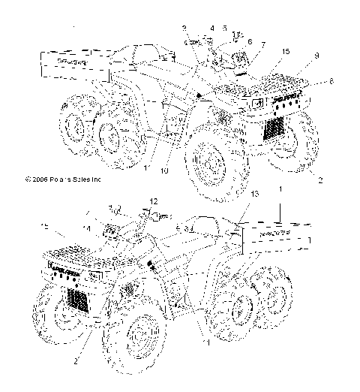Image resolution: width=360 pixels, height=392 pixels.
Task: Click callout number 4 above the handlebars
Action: tap(212, 28)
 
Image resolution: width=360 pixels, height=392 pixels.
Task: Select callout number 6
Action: tap(249, 41)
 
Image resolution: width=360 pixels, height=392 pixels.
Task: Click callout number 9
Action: tap(316, 56)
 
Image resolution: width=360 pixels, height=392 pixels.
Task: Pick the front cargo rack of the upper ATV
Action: tap(281, 77)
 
